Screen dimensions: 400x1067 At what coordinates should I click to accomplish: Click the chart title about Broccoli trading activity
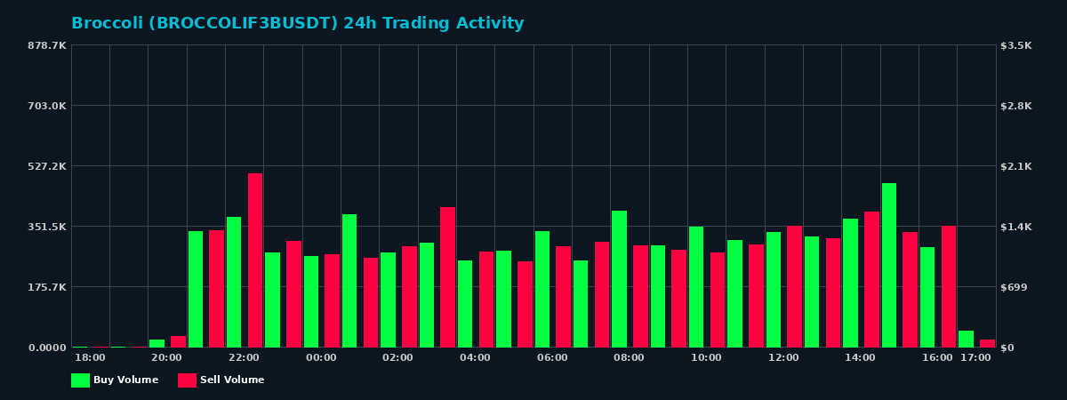[x=297, y=24]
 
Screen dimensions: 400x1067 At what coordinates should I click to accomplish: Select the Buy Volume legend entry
[x=115, y=380]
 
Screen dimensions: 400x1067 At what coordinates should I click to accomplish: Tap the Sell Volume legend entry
[x=221, y=380]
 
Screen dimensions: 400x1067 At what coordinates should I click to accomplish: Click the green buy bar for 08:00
[x=619, y=279]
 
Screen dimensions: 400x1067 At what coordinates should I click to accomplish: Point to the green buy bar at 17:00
[x=966, y=339]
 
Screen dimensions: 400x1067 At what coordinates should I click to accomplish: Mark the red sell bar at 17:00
[x=987, y=343]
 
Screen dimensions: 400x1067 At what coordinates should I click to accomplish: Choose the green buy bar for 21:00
[x=196, y=289]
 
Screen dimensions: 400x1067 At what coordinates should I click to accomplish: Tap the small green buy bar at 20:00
[x=156, y=343]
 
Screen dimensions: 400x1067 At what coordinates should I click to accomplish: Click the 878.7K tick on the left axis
[x=47, y=45]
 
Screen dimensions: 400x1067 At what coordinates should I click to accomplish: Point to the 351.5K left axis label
[x=47, y=227]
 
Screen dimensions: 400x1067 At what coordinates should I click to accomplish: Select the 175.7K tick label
[x=47, y=287]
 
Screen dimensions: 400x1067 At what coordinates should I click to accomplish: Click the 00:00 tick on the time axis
[x=321, y=358]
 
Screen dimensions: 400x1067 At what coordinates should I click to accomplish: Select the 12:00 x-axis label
[x=783, y=358]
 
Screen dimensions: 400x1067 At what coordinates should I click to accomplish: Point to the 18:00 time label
[x=90, y=358]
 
